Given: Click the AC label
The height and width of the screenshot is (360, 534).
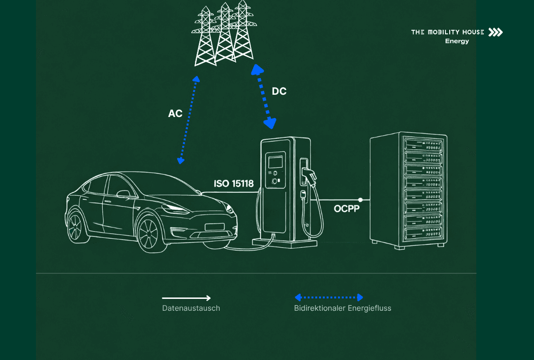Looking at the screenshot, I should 175,114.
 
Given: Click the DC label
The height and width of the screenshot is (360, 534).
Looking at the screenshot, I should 279,91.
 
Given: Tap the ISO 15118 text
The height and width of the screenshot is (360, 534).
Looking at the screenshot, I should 234,184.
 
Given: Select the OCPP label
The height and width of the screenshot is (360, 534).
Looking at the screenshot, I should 347,208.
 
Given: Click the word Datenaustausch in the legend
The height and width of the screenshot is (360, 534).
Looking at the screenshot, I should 191,308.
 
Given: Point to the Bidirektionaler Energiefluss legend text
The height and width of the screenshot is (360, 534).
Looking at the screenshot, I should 343,308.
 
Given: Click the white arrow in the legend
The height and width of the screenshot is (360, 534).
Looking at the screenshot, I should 186,298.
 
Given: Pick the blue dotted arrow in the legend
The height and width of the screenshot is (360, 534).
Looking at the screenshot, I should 329,297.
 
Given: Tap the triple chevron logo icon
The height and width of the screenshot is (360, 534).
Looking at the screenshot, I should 496,32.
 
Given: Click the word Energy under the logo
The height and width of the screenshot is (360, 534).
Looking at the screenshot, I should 457,41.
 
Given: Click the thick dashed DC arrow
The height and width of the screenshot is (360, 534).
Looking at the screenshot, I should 264,97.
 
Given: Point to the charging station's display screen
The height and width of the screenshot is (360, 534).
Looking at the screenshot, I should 275,162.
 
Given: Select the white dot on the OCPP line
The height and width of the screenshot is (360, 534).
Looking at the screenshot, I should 361,200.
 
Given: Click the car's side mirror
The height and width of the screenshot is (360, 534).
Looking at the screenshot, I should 124,194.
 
